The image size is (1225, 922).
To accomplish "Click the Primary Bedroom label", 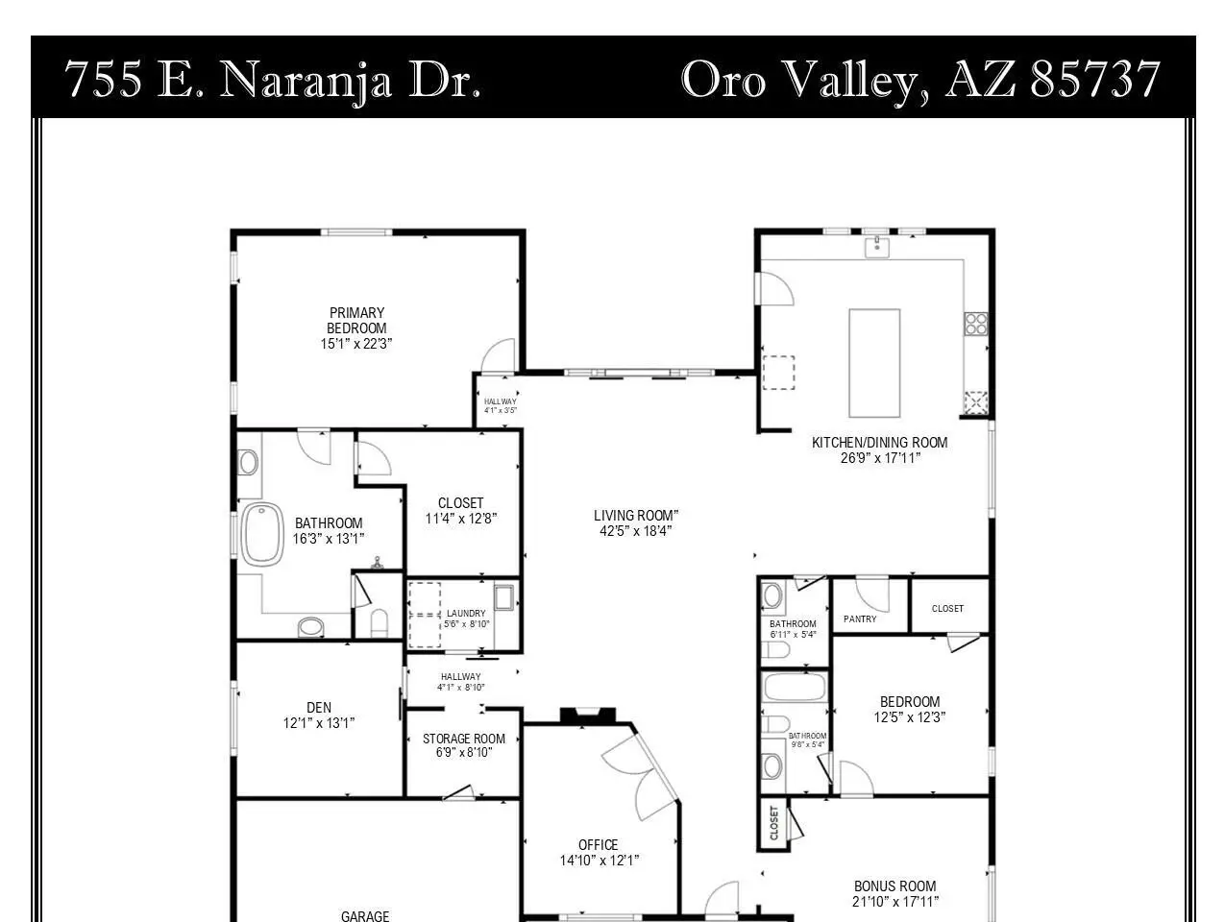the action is [356, 320].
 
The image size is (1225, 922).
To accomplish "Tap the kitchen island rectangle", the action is [874, 363].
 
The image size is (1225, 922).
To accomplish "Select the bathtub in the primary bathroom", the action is [262, 534].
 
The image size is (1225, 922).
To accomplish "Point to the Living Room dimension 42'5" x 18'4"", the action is [635, 530].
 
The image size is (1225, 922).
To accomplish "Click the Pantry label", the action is [860, 619].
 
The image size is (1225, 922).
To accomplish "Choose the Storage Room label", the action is [464, 739].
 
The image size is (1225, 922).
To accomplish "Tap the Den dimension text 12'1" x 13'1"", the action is [319, 723].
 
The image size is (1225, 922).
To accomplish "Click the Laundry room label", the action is [466, 613].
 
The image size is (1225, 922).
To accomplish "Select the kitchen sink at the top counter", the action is [877, 247].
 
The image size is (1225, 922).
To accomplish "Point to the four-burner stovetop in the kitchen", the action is [975, 324].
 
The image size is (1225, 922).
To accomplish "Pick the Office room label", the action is [598, 844].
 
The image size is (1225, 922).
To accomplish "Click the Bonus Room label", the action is [894, 886].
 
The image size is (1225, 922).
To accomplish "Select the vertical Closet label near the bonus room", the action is [773, 823].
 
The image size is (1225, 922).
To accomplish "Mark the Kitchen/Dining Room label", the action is [879, 443].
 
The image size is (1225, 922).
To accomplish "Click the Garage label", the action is [365, 916].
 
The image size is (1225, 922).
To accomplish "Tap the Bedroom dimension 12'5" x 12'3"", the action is [910, 717].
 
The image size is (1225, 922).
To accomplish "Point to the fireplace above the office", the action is [588, 716].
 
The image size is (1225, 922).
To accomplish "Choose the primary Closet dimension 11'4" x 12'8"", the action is [461, 519].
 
